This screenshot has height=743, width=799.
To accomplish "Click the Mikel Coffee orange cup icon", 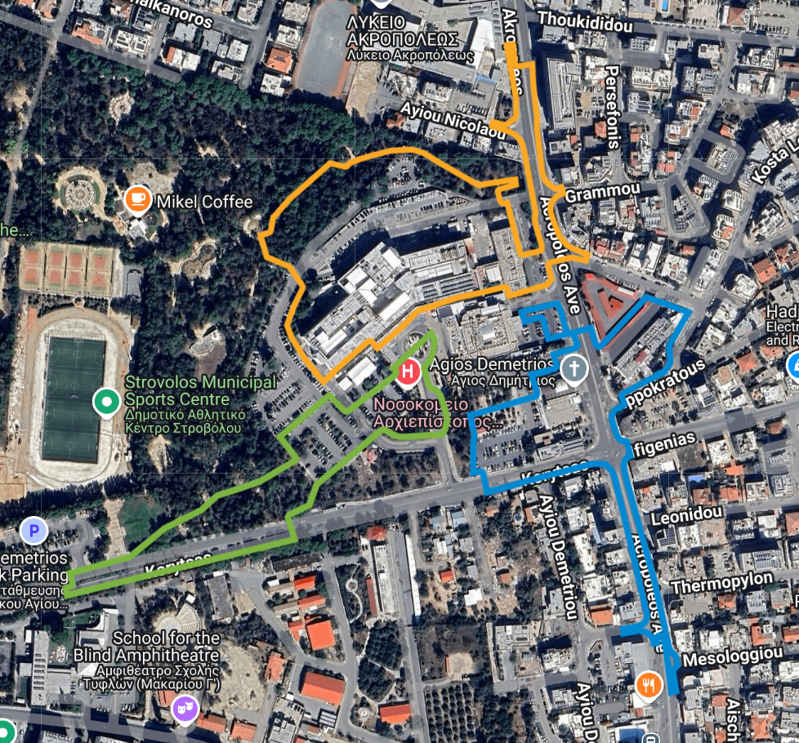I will pyautogui.click(x=137, y=199).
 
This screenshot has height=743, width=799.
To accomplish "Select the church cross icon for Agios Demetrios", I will pyautogui.click(x=574, y=369).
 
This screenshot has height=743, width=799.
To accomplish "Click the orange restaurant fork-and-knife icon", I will pyautogui.click(x=649, y=685).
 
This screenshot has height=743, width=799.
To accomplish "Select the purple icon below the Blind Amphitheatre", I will pyautogui.click(x=185, y=709).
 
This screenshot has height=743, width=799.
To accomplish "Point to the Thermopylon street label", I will pyautogui.click(x=721, y=582).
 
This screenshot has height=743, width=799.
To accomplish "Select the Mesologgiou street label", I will pyautogui.click(x=724, y=656).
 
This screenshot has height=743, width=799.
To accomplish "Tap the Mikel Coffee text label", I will pyautogui.click(x=204, y=202).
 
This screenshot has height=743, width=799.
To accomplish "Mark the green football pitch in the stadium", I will pyautogui.click(x=74, y=400).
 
